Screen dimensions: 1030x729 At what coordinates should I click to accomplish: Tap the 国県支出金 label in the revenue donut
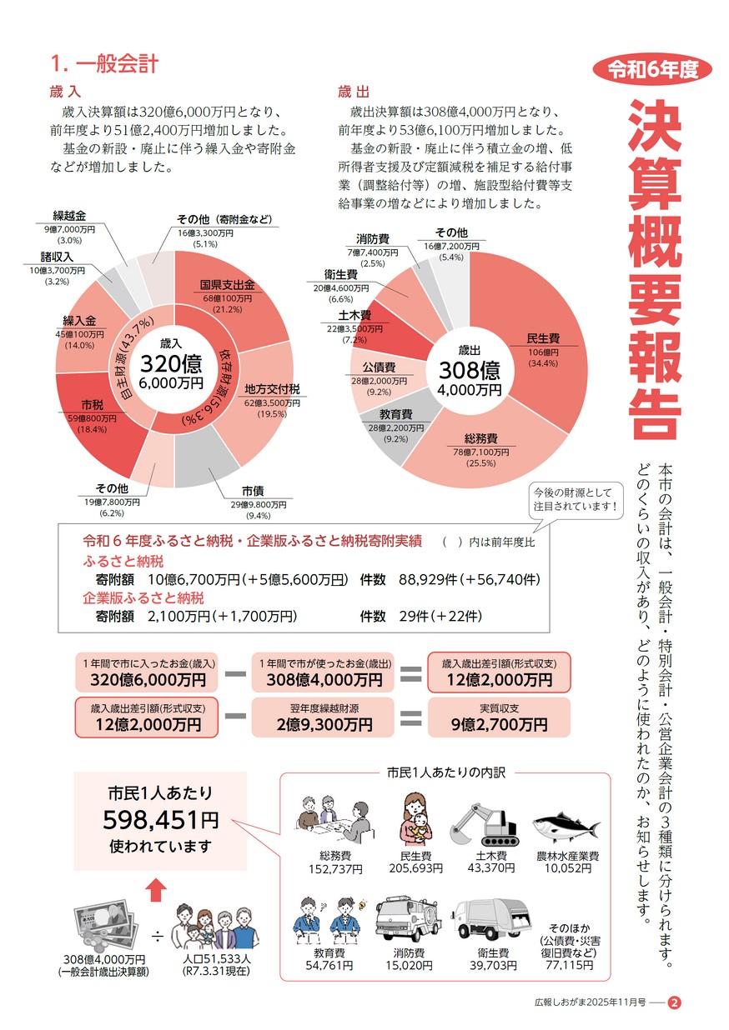pyautogui.click(x=226, y=285)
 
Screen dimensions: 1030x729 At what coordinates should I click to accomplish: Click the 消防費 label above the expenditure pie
pyautogui.click(x=369, y=239)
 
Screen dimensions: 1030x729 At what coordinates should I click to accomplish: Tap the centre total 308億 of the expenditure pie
pyautogui.click(x=467, y=370)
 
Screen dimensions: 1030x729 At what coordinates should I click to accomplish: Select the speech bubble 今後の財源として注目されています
pyautogui.click(x=577, y=499)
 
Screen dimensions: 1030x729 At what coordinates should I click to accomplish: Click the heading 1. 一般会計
pyautogui.click(x=105, y=63)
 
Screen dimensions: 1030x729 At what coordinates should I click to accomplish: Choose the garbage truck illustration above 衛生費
pyautogui.click(x=492, y=919)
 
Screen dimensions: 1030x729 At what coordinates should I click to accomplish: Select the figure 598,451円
pyautogui.click(x=160, y=821)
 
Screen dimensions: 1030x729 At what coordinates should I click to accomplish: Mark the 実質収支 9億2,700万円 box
pyautogui.click(x=498, y=718)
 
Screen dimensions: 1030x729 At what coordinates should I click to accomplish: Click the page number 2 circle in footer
pyautogui.click(x=675, y=1002)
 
